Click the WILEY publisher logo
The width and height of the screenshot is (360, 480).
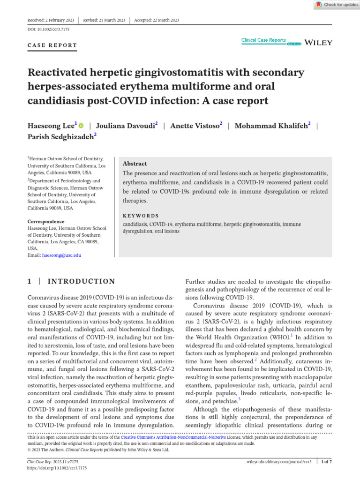click(x=318, y=43)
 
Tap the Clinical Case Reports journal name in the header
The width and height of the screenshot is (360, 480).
click(x=263, y=40)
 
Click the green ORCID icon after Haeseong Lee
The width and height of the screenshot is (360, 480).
click(x=81, y=126)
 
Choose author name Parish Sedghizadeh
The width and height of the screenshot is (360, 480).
click(x=62, y=137)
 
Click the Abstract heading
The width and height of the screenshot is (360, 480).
click(x=135, y=164)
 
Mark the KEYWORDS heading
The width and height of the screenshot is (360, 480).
click(x=141, y=216)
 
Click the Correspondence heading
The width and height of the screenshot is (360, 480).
click(x=46, y=221)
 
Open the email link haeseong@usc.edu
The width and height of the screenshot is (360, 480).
click(x=61, y=255)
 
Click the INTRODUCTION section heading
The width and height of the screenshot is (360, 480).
click(x=81, y=281)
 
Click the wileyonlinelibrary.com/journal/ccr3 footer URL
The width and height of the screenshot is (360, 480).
click(x=279, y=462)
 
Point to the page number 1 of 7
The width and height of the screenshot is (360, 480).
click(x=326, y=462)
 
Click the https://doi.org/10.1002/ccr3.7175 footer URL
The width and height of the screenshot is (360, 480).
click(x=57, y=468)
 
